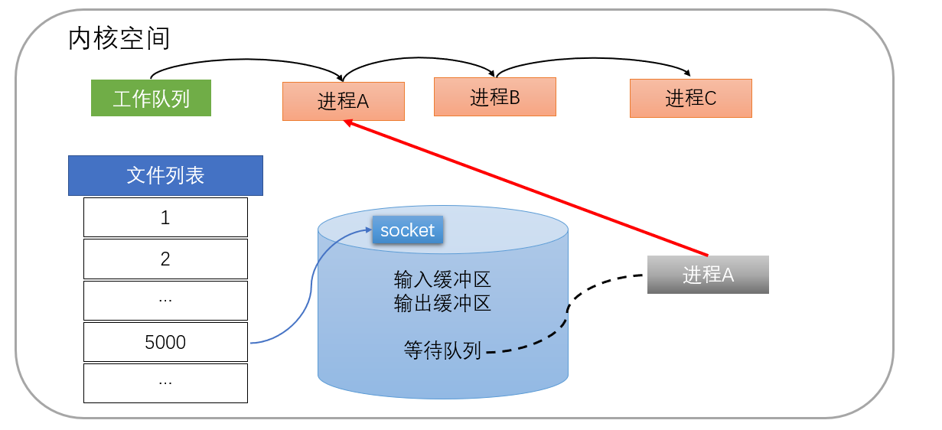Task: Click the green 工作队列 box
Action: pos(151,98)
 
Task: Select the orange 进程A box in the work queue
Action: pos(343,101)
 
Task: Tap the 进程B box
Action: pos(494,96)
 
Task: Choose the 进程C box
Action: pos(690,98)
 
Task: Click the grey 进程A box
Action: pos(708,275)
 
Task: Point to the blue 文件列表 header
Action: pos(165,175)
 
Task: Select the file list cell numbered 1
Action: pos(165,217)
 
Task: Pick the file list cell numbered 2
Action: pos(165,259)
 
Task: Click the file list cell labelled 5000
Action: pos(165,342)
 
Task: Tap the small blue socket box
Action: pos(407,230)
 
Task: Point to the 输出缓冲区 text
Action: pos(442,303)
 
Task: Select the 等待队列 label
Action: pos(442,350)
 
